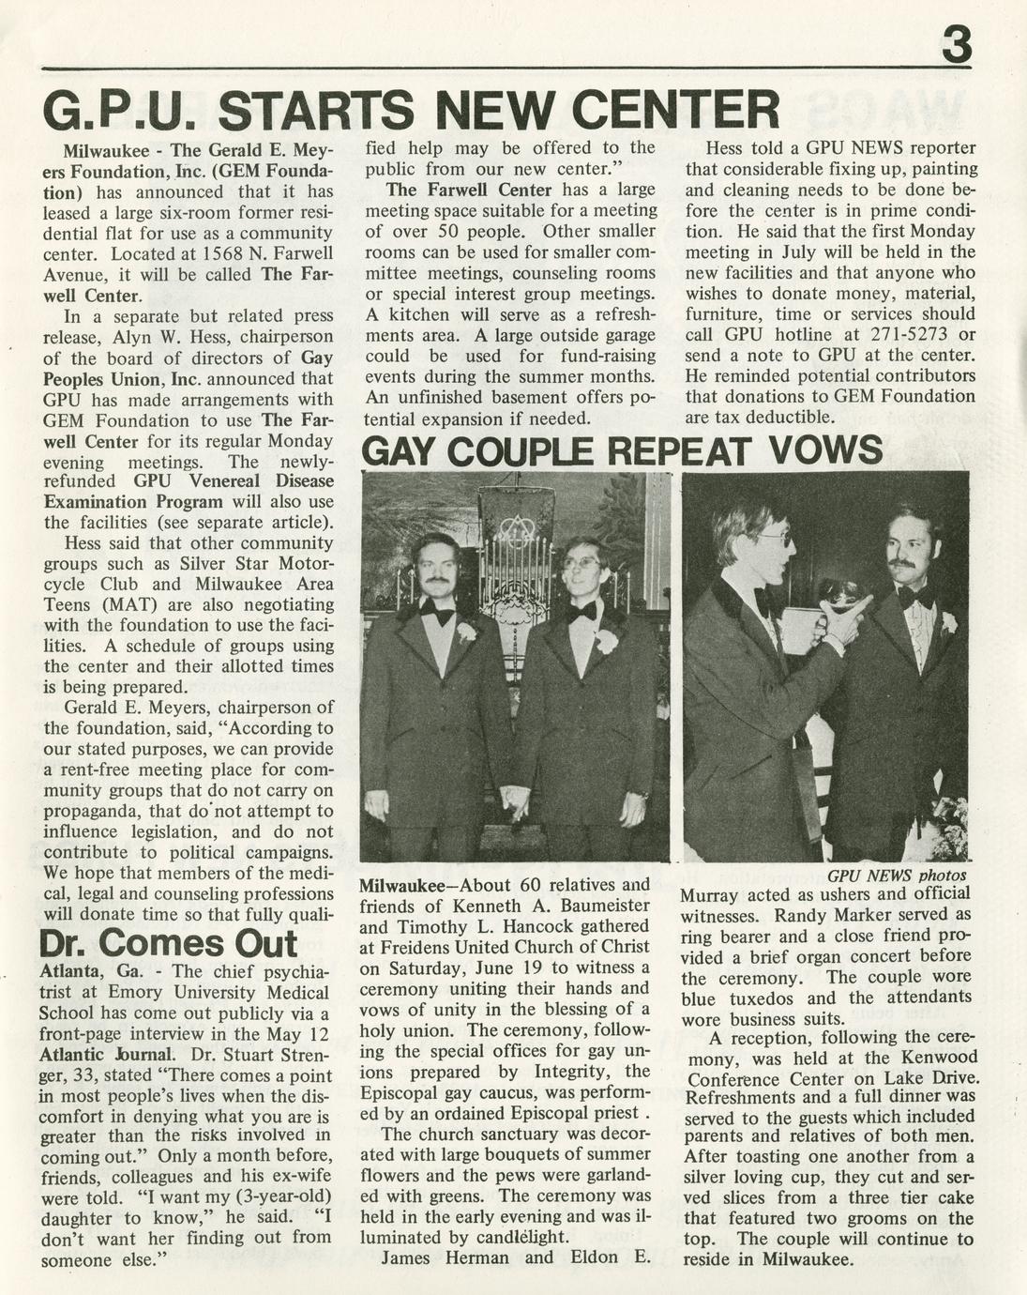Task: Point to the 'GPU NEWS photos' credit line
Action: [x=897, y=875]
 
